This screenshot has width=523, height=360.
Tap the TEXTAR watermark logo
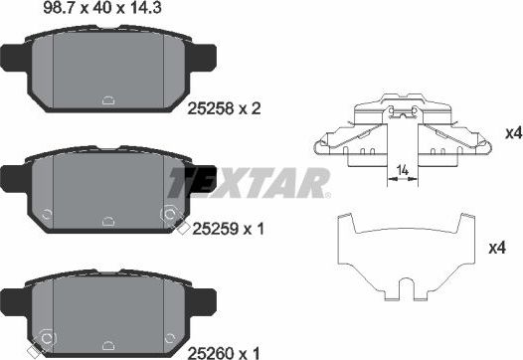coord(247,183)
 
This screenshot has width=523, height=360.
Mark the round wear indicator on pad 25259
coord(169,213)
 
